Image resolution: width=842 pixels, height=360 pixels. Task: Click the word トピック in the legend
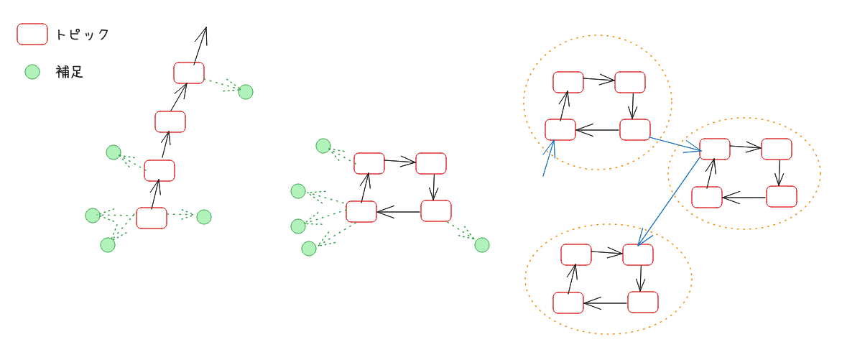[82, 34]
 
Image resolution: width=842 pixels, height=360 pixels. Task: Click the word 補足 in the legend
[70, 72]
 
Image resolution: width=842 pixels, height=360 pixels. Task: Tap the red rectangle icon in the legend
[32, 34]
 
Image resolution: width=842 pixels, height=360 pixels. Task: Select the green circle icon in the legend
[32, 72]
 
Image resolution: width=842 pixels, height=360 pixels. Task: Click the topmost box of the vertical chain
[189, 73]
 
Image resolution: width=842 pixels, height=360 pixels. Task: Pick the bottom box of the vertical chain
[152, 218]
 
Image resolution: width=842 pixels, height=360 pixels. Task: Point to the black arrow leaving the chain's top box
[200, 45]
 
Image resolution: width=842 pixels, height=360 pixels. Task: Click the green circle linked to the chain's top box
[246, 92]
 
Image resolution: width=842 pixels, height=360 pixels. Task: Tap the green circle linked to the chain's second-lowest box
[114, 152]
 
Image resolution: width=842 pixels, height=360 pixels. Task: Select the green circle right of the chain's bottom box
[204, 217]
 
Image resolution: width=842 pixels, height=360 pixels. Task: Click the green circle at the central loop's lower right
[482, 245]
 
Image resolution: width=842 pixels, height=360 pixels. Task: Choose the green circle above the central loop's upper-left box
[323, 146]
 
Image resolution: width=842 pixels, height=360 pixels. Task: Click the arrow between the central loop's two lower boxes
[399, 211]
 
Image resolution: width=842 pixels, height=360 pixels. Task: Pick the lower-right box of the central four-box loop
[436, 211]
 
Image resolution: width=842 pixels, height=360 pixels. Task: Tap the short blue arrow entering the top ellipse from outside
[548, 159]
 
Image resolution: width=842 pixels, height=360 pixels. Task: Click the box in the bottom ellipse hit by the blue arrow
[638, 254]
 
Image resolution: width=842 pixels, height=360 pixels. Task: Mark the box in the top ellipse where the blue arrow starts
[635, 130]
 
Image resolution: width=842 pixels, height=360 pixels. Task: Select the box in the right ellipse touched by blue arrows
[715, 149]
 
